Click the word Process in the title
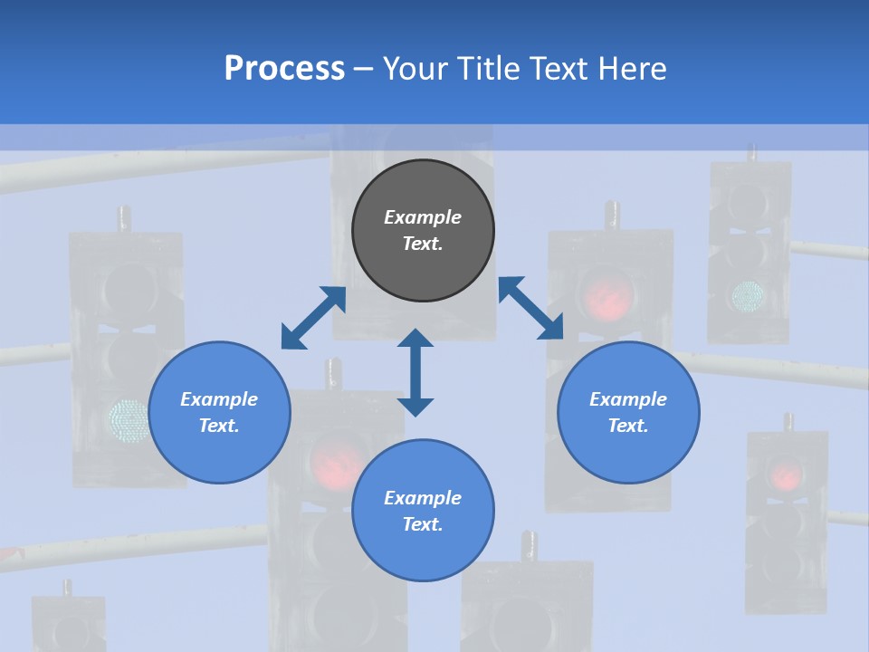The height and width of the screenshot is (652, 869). [x=284, y=69]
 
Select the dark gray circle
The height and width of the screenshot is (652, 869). [x=423, y=231]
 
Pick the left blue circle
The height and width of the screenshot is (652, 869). [x=219, y=412]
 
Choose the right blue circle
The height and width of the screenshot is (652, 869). [x=628, y=412]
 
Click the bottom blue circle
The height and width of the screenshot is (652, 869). [x=423, y=511]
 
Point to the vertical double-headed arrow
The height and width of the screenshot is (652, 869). [x=415, y=372]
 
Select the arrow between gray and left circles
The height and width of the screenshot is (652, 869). [x=313, y=317]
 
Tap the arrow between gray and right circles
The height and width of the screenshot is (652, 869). [x=530, y=308]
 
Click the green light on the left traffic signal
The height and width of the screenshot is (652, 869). [x=129, y=420]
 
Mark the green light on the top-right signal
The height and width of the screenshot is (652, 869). [x=749, y=293]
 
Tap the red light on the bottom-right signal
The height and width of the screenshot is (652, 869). [x=786, y=473]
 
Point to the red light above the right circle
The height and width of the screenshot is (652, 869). [x=606, y=296]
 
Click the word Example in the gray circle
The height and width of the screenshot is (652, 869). [x=423, y=217]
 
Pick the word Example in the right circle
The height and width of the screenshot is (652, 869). [x=628, y=399]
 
